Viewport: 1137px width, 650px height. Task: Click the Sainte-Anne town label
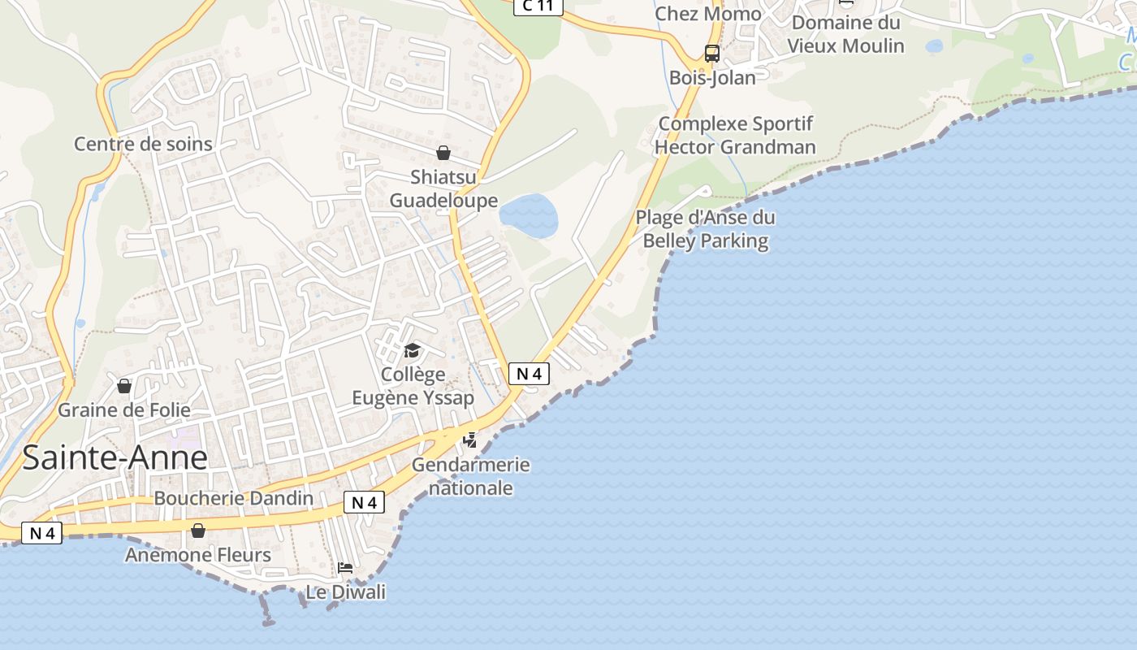[x=115, y=458]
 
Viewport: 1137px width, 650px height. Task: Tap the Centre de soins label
[x=143, y=144]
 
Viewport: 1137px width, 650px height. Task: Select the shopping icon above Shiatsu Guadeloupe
[x=443, y=153]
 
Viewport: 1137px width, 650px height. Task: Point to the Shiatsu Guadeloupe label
[x=443, y=188]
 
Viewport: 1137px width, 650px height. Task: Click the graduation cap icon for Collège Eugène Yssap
[x=413, y=351]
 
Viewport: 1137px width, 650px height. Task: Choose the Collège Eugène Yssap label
[x=413, y=386]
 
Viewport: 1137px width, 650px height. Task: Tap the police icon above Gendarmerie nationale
[x=469, y=440]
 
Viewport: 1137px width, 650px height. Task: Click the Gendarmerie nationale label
[x=471, y=476]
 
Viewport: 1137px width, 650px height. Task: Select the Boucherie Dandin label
[x=233, y=498]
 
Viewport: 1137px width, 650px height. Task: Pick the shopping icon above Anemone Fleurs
[x=197, y=531]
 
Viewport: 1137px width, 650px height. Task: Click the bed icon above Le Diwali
[x=345, y=567]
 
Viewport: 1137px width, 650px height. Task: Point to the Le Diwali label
[x=346, y=592]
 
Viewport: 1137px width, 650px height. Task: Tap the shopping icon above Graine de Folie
[x=124, y=385]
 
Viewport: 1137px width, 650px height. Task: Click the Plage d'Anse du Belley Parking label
[x=705, y=229]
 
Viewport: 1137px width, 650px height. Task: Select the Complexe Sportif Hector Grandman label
[x=735, y=136]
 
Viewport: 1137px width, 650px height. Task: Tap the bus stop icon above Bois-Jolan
[x=712, y=54]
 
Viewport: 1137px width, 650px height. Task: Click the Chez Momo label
[x=708, y=14]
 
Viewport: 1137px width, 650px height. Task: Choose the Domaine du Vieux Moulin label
[x=845, y=34]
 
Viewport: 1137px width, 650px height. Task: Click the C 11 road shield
[x=538, y=6]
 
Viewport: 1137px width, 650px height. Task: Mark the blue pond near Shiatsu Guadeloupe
[x=529, y=215]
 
